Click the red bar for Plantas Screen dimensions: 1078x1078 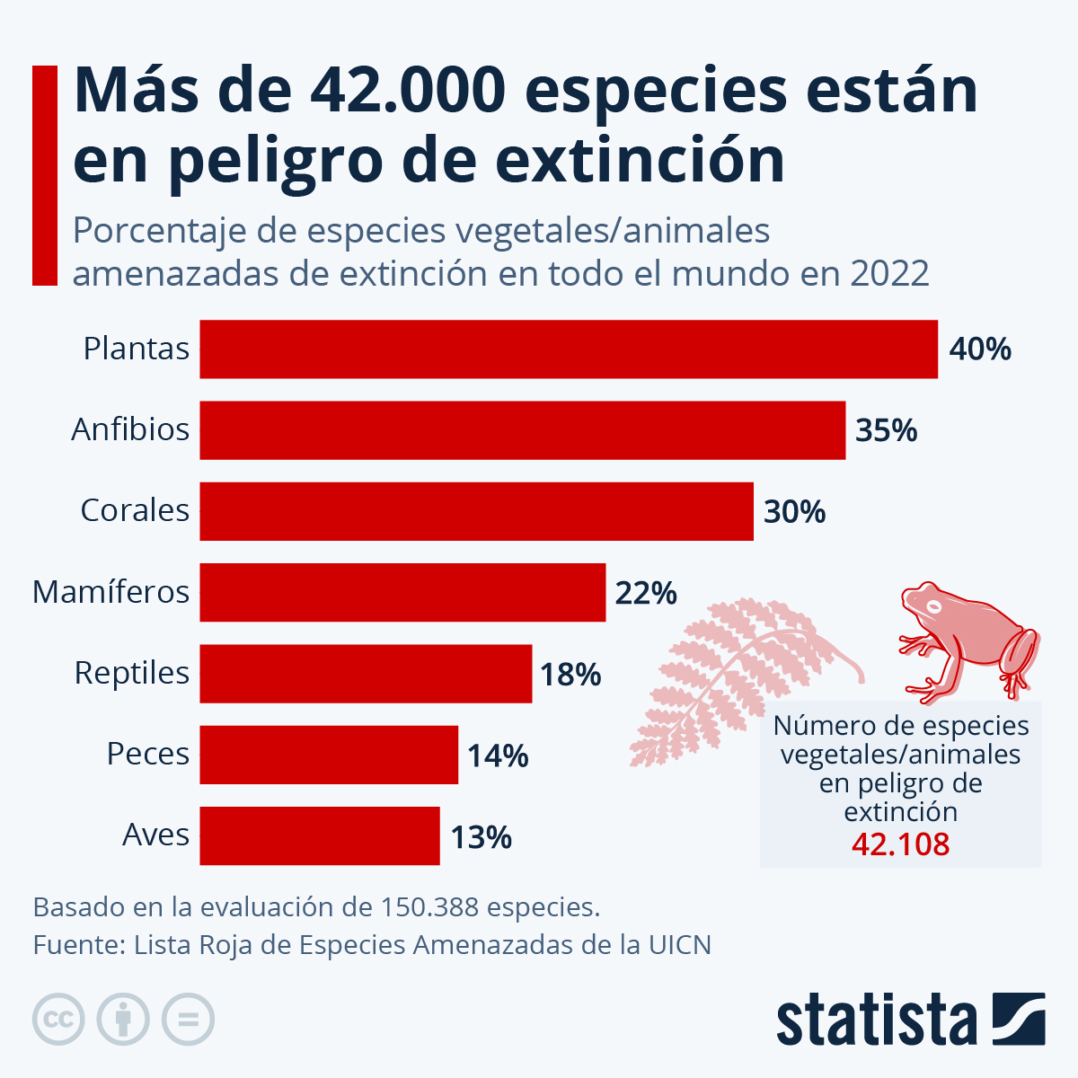568,349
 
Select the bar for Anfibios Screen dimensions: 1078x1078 522,430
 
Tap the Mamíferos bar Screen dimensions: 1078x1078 402,592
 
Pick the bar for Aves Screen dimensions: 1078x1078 319,835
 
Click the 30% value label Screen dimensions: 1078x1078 794,512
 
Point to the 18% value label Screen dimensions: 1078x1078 570,674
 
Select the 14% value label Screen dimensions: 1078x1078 498,755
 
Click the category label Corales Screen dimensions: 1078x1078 135,510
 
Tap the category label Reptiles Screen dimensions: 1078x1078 132,673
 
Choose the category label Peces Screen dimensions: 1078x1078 148,754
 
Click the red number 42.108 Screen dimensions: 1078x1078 900,844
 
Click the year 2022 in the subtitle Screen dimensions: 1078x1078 888,273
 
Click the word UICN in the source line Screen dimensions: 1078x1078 679,945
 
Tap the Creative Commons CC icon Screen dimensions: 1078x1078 58,1020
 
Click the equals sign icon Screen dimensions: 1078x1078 188,1020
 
